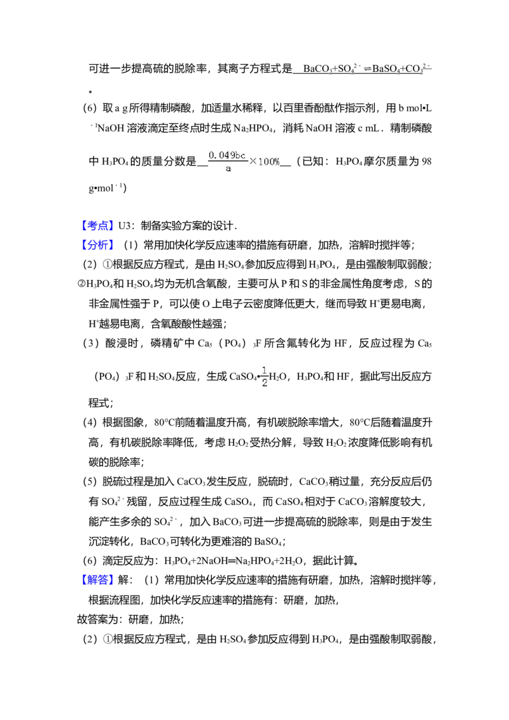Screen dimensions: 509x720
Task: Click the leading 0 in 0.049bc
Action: [x=211, y=155]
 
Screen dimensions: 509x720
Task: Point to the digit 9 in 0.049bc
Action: [x=230, y=155]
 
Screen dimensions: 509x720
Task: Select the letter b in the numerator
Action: [x=236, y=155]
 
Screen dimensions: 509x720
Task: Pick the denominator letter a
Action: [x=228, y=168]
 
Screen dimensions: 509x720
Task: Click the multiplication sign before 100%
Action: [x=253, y=162]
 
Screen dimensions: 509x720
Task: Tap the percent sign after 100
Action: [x=277, y=162]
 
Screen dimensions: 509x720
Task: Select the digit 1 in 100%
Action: [x=260, y=162]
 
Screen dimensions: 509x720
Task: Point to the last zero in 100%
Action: [x=271, y=162]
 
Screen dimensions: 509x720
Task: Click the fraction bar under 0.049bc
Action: [x=227, y=162]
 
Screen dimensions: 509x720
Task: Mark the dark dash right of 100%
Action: [x=282, y=164]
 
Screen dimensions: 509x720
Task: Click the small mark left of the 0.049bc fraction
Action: [x=205, y=164]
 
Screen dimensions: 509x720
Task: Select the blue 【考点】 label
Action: [x=99, y=226]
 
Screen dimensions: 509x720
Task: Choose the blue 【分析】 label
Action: [x=99, y=246]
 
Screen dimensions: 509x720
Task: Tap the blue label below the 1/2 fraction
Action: [x=99, y=579]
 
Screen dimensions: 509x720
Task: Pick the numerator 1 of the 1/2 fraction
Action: [x=264, y=370]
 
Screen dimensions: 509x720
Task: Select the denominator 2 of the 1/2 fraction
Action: [x=264, y=384]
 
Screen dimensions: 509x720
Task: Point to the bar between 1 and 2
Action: [x=265, y=377]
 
